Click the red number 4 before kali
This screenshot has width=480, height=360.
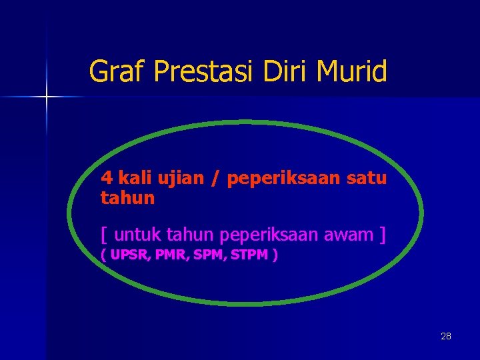pos(107,179)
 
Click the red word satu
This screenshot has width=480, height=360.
pos(368,179)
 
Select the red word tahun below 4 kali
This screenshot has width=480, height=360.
pos(128,198)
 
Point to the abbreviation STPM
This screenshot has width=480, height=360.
pos(250,255)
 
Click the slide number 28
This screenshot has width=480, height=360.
pos(446,336)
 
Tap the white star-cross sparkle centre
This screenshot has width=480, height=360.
pos(47,97)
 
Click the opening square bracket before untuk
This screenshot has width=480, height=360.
pos(105,235)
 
